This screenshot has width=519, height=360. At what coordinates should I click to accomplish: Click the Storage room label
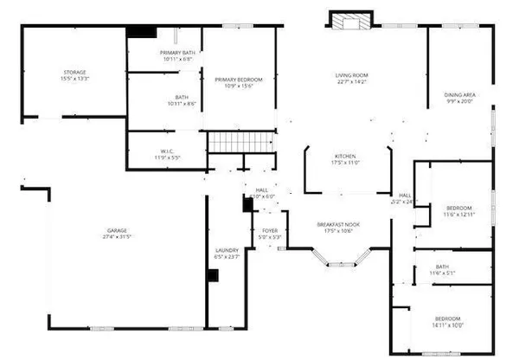[74, 72]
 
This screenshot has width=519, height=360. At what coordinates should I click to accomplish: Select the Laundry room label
[227, 251]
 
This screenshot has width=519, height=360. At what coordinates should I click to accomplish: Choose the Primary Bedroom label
[238, 79]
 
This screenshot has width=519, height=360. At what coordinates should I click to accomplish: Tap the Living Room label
[352, 76]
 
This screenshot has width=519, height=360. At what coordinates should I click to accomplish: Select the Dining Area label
[458, 94]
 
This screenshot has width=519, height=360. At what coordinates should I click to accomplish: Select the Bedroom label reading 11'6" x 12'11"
[458, 208]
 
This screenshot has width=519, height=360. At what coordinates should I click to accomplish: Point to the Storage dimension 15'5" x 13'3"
[74, 79]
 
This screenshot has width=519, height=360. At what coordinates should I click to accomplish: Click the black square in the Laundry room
[212, 276]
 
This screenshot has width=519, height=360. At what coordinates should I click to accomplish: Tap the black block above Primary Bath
[141, 31]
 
